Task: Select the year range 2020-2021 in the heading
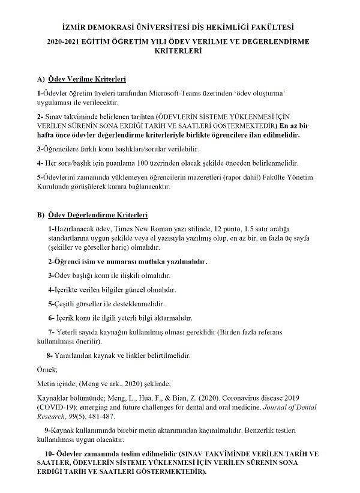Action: point(67,41)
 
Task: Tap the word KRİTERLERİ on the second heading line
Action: point(179,52)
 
